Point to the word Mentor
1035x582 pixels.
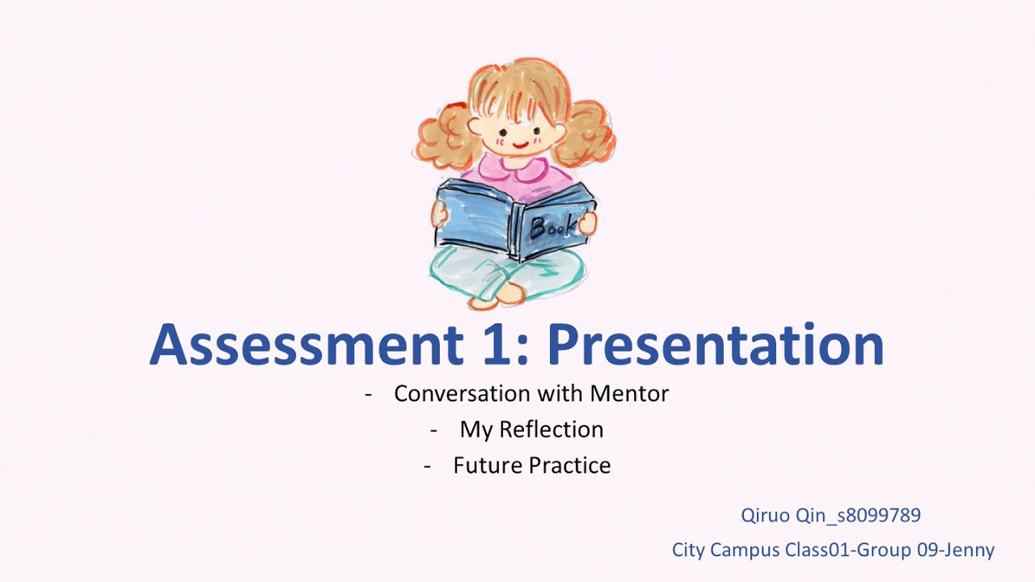pyautogui.click(x=629, y=394)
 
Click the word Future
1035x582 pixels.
pyautogui.click(x=488, y=466)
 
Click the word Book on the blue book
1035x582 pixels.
pyautogui.click(x=554, y=227)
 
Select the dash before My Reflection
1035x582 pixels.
pyautogui.click(x=434, y=430)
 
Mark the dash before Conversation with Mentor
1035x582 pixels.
pyautogui.click(x=369, y=394)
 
